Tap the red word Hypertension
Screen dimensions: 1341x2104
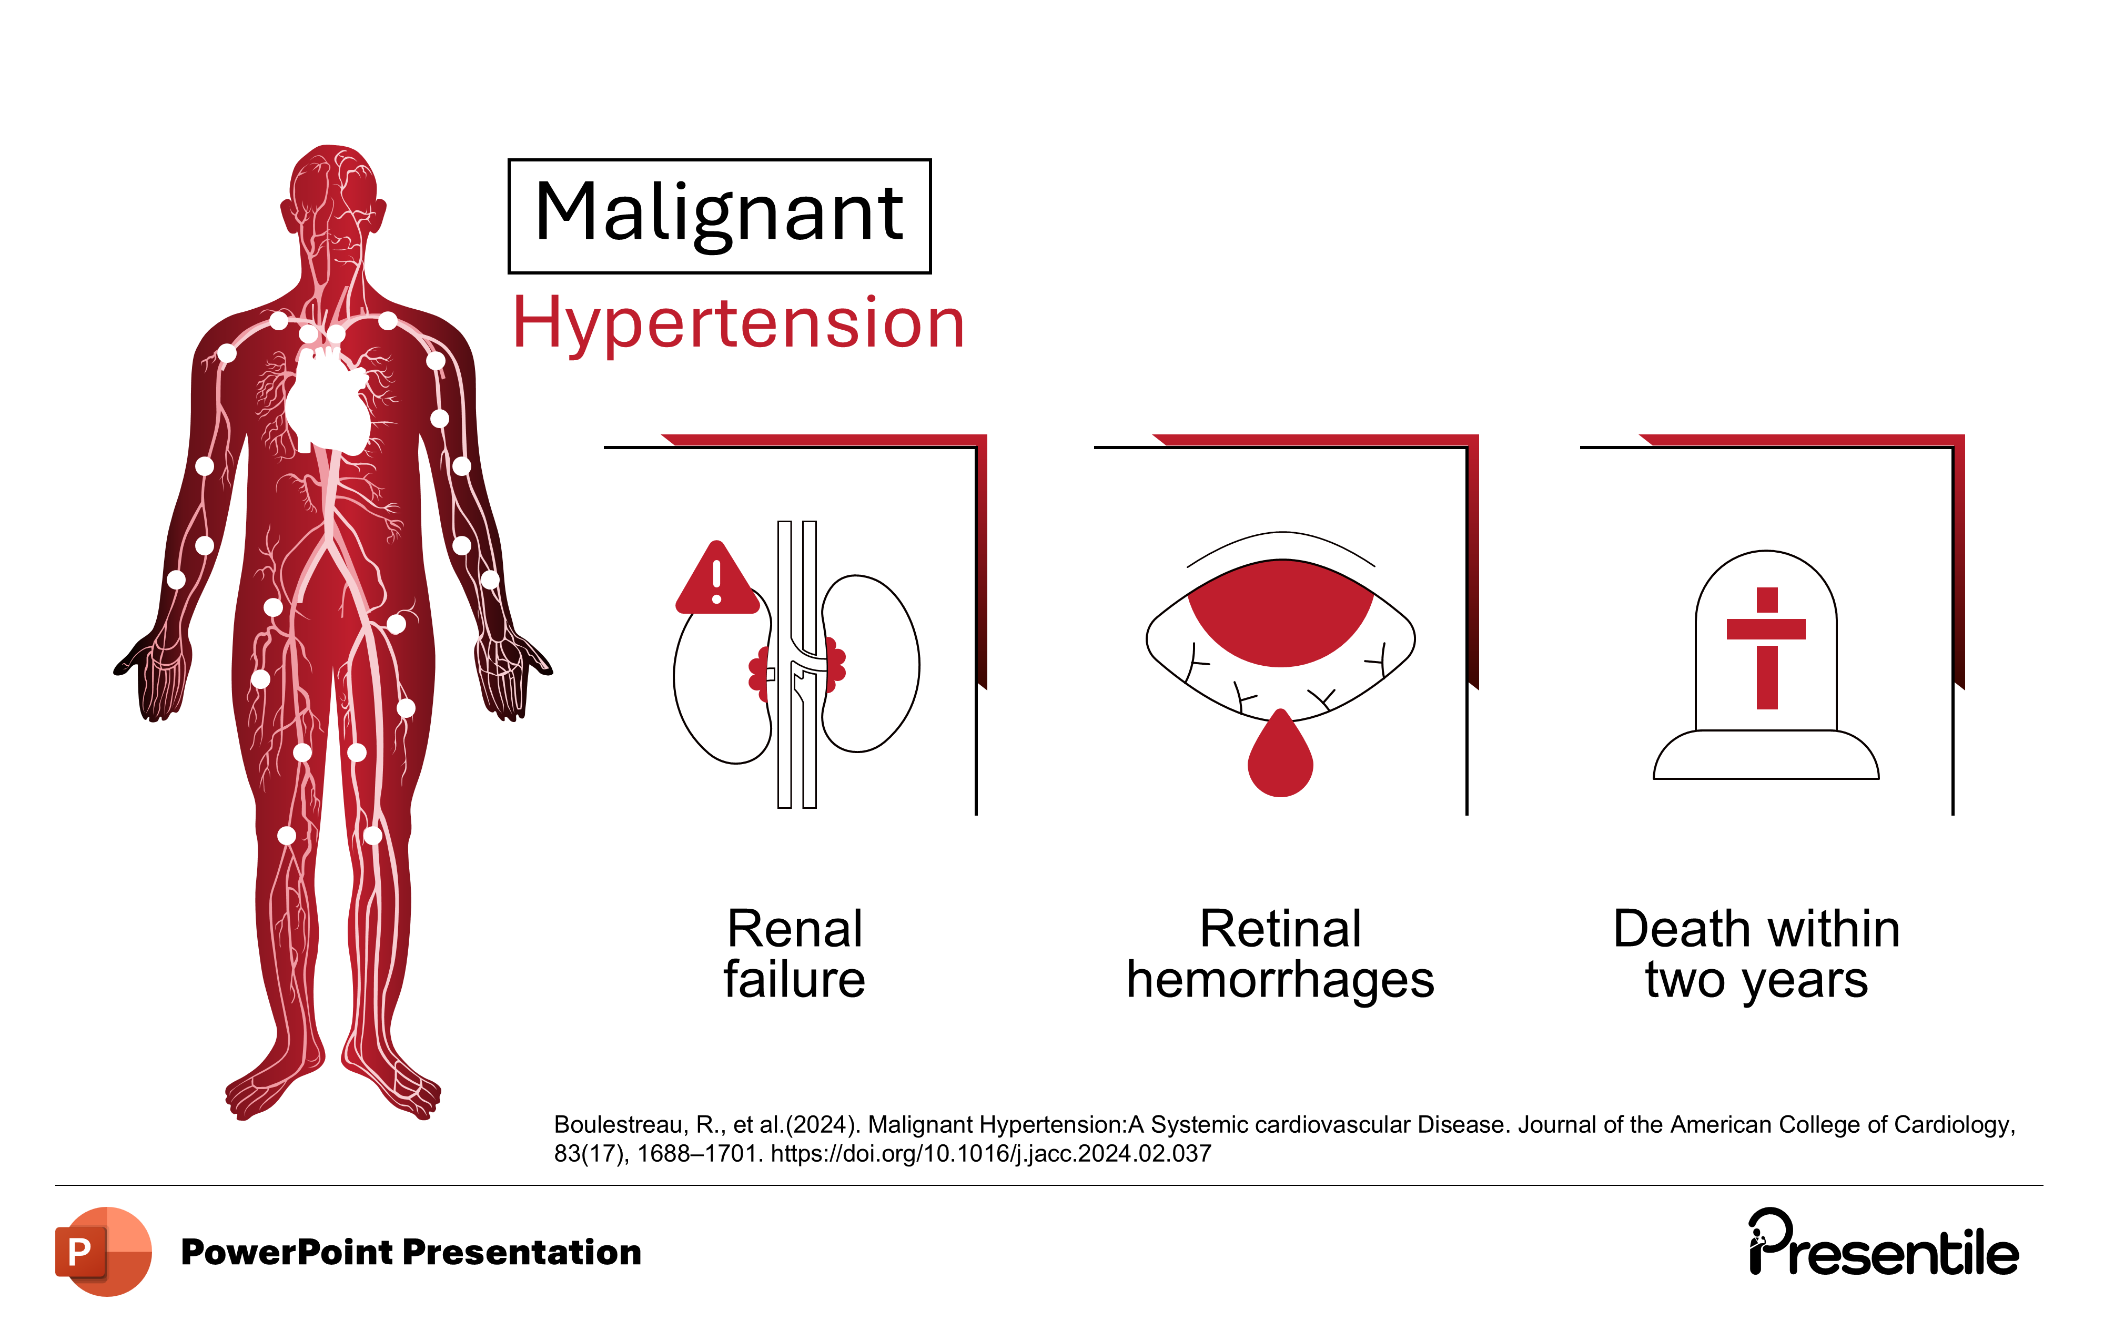click(739, 323)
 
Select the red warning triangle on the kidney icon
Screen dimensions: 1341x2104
click(716, 582)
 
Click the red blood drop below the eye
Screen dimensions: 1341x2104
click(1280, 758)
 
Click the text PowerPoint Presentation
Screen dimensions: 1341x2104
click(411, 1252)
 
